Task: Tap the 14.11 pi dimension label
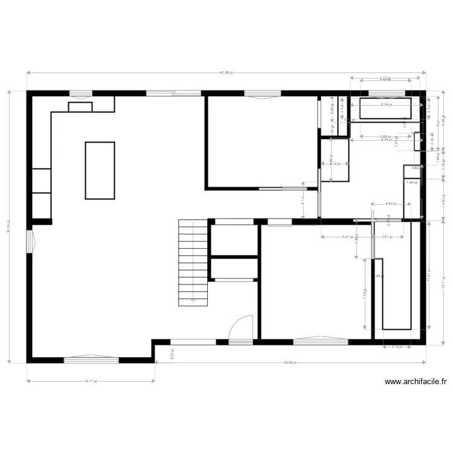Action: tap(90, 381)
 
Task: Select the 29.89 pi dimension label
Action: tap(291, 362)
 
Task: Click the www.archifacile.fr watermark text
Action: tap(416, 382)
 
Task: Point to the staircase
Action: tap(193, 263)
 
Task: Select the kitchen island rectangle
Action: tap(100, 170)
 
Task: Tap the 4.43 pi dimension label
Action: tap(391, 204)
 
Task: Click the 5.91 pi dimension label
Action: tap(347, 237)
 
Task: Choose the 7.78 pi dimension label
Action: tap(365, 294)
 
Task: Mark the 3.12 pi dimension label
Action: tap(397, 347)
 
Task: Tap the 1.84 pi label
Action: tap(411, 182)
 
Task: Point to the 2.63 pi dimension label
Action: tap(172, 356)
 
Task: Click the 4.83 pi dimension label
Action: tap(443, 199)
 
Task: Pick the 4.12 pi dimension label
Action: tap(335, 164)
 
